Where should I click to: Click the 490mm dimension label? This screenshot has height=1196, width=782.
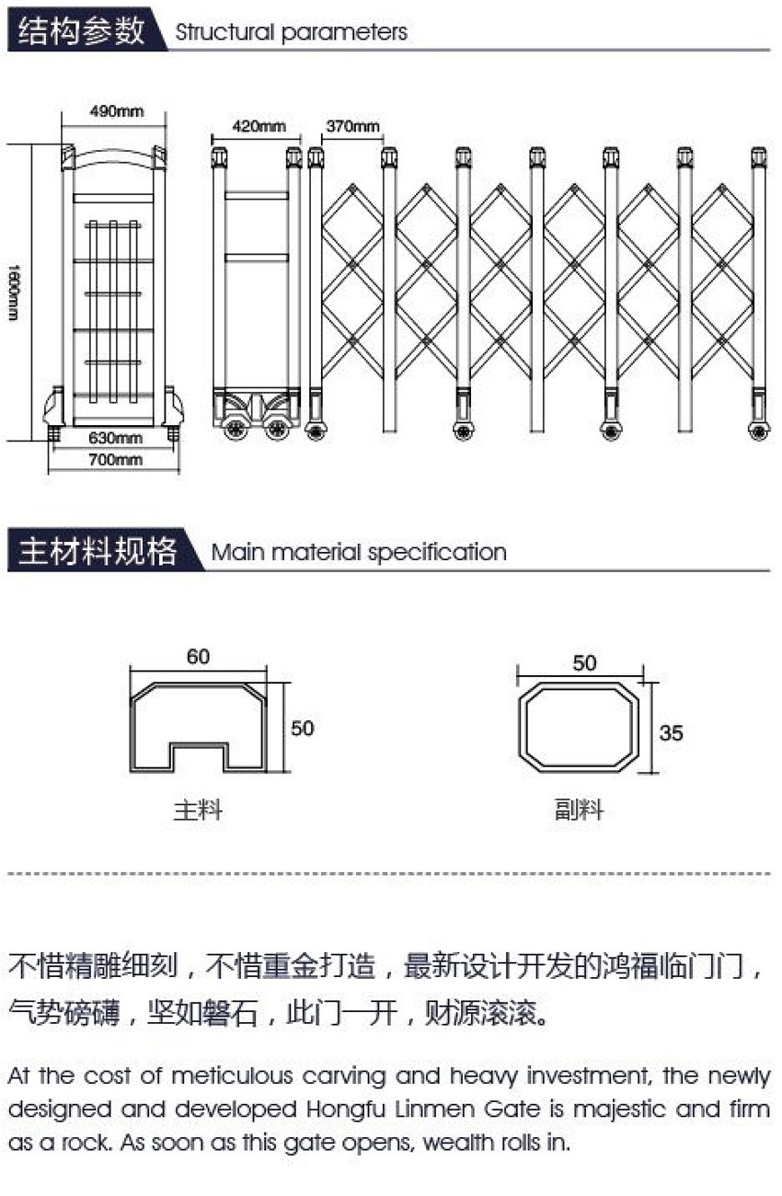point(116,111)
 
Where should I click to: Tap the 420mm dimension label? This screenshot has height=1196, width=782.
point(259,126)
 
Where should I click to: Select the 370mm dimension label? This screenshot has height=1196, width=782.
point(352,126)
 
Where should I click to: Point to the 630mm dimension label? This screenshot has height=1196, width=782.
point(115,438)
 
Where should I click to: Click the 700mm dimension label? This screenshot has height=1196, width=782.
point(115,459)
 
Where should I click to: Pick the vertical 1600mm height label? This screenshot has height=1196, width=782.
point(14,292)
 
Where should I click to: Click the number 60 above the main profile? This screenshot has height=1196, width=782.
point(198,657)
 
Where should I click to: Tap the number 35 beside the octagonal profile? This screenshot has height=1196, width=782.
point(671,732)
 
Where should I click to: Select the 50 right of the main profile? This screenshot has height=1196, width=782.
point(302,729)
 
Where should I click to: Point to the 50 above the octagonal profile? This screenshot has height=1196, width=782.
point(584,663)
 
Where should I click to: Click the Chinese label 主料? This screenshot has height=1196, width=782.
point(198,810)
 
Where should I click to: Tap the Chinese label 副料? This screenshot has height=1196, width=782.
point(579,810)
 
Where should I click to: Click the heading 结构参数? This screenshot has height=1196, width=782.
point(81,30)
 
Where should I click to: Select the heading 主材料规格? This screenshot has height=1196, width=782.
point(98,550)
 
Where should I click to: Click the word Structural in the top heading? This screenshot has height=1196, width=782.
point(224,32)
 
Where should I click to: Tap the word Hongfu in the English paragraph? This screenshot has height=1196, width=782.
point(345,1110)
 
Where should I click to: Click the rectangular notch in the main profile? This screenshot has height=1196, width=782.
point(199,744)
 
